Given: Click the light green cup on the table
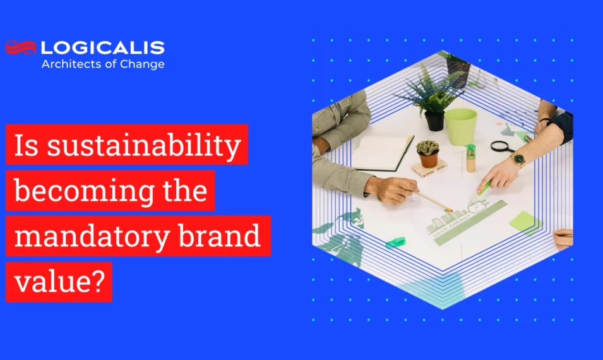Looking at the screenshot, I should coord(460,126).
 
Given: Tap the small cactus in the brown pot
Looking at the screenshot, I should coord(427,152).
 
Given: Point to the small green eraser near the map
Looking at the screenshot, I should coord(395,241).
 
